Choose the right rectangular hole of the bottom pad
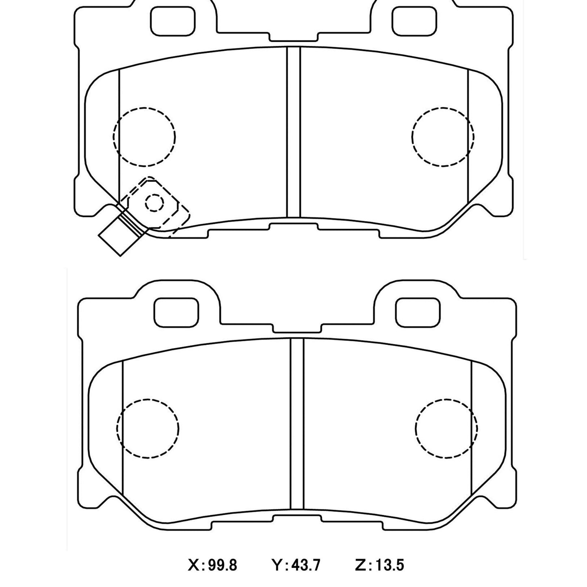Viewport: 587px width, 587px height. pyautogui.click(x=418, y=312)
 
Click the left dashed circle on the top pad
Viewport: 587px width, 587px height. pyautogui.click(x=145, y=136)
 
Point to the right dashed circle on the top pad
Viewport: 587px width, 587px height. pyautogui.click(x=443, y=136)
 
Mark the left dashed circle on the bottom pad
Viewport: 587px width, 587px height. pyautogui.click(x=148, y=428)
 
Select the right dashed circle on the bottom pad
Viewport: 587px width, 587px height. pyautogui.click(x=446, y=428)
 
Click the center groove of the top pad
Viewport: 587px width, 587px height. pyautogui.click(x=294, y=132)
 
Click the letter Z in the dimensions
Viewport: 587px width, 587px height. pyautogui.click(x=362, y=565)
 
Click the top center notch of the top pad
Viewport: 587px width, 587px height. pyautogui.click(x=294, y=37)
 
